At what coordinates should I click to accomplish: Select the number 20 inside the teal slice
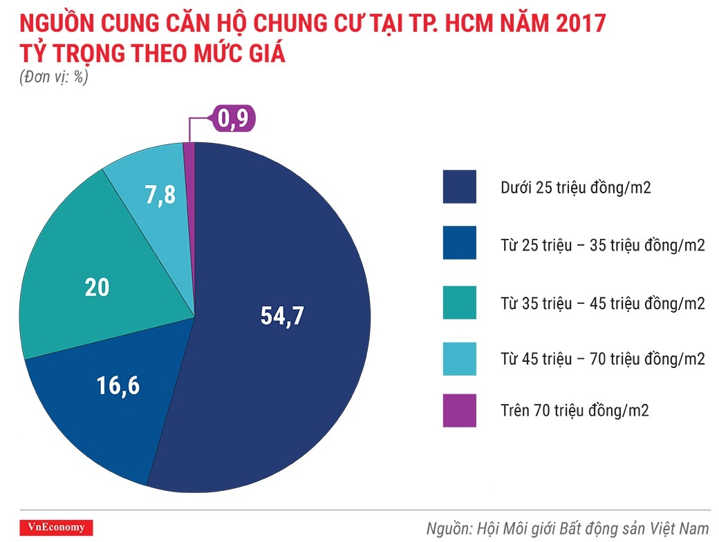[97, 287]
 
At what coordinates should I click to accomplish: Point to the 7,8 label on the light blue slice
[160, 195]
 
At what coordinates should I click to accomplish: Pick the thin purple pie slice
[189, 180]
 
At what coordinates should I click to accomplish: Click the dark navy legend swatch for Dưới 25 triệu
[460, 186]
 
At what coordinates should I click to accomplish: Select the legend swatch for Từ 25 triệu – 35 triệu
[460, 243]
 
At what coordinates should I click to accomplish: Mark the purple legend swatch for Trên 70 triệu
[460, 411]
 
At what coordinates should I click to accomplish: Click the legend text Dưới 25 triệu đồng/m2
[575, 187]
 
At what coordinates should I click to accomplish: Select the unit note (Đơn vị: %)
[54, 77]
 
